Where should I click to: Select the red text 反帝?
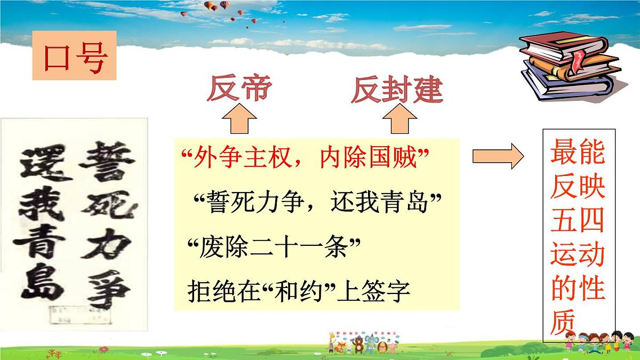pyautogui.click(x=238, y=89)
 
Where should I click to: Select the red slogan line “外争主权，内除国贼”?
pyautogui.click(x=306, y=158)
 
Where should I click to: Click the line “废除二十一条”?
pyautogui.click(x=274, y=247)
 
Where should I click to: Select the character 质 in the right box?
pyautogui.click(x=564, y=323)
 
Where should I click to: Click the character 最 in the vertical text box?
pyautogui.click(x=564, y=151)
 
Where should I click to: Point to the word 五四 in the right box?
pyautogui.click(x=578, y=220)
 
